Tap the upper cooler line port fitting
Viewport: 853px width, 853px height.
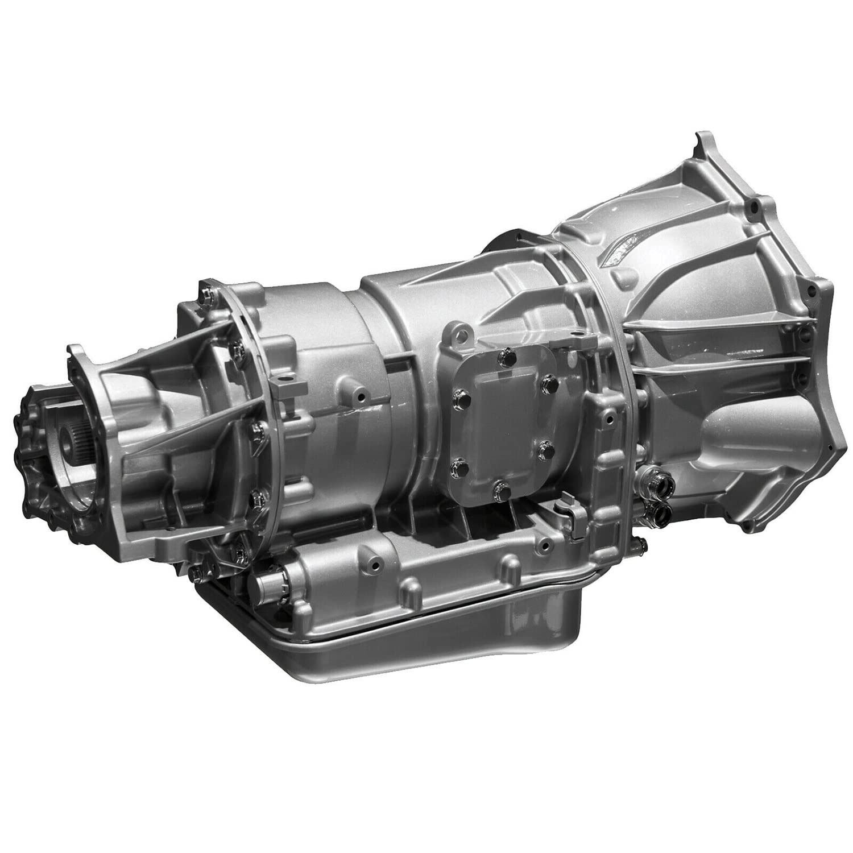[x=658, y=486]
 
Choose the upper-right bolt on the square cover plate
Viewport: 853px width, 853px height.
[x=547, y=380]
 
